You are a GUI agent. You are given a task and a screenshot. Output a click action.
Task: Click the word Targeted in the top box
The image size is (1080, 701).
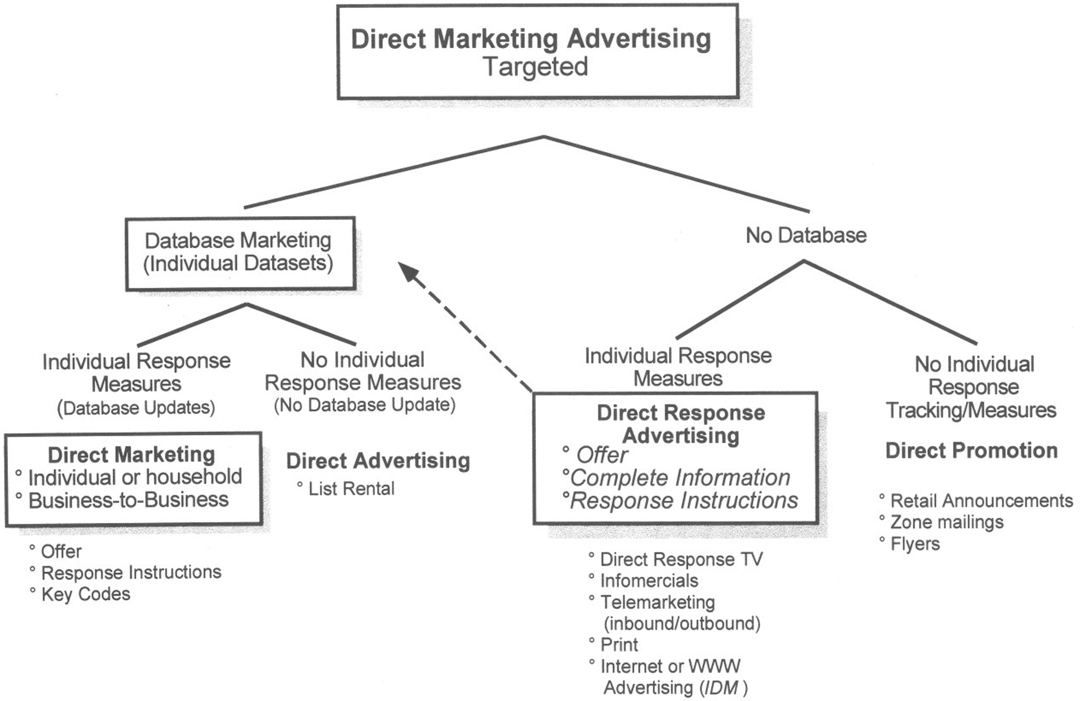[535, 67]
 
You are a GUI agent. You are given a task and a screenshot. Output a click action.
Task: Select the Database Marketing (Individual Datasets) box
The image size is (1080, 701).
[240, 253]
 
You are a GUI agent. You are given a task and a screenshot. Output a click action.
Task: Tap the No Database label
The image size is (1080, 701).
[806, 235]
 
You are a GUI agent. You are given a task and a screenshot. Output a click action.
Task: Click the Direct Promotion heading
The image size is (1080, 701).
[972, 451]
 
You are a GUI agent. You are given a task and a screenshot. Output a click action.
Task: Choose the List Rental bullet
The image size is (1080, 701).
[351, 489]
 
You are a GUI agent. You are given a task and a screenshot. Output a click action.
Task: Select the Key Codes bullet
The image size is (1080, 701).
[85, 594]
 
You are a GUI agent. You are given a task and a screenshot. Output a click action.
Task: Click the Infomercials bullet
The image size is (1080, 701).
[649, 581]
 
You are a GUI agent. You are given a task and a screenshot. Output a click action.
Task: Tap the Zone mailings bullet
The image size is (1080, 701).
[947, 522]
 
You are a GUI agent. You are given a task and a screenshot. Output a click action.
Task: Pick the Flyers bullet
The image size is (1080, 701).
[915, 543]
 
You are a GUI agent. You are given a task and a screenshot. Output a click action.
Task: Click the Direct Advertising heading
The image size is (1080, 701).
[378, 461]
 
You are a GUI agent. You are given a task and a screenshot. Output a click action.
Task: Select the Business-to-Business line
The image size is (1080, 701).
[128, 500]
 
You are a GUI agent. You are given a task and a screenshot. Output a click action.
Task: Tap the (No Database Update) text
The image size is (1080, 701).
[364, 405]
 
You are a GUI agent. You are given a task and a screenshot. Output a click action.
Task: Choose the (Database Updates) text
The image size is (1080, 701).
[136, 407]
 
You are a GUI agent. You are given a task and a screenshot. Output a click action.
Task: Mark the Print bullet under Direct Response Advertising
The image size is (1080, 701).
[619, 644]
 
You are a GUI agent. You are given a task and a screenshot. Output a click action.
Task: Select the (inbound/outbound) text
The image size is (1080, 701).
[682, 623]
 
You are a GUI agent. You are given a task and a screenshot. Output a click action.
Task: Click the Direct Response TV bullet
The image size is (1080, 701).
[681, 559]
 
